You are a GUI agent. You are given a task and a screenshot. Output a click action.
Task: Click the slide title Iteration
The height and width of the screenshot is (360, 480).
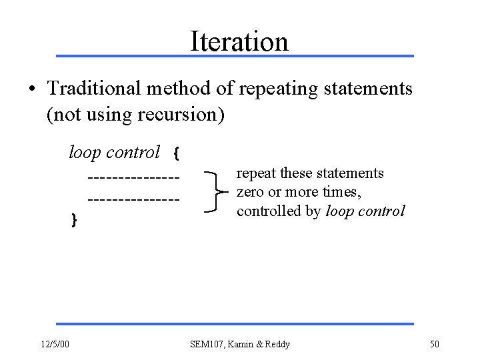click(239, 41)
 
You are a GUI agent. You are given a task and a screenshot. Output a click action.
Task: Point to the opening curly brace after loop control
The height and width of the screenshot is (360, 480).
click(175, 154)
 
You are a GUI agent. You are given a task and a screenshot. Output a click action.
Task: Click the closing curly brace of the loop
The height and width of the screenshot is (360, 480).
click(74, 218)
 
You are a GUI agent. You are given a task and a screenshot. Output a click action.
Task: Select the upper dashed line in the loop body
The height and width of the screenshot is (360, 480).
click(133, 177)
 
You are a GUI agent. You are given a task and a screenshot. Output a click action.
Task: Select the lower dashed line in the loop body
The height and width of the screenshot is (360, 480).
click(133, 198)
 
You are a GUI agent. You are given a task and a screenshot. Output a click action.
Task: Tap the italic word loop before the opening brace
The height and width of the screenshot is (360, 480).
click(84, 153)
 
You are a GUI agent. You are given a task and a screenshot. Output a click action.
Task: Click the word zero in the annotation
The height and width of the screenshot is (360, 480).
click(251, 193)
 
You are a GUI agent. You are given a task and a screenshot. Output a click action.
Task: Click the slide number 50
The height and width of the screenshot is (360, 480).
click(435, 344)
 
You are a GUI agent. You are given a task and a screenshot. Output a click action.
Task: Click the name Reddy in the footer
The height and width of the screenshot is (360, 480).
click(277, 344)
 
